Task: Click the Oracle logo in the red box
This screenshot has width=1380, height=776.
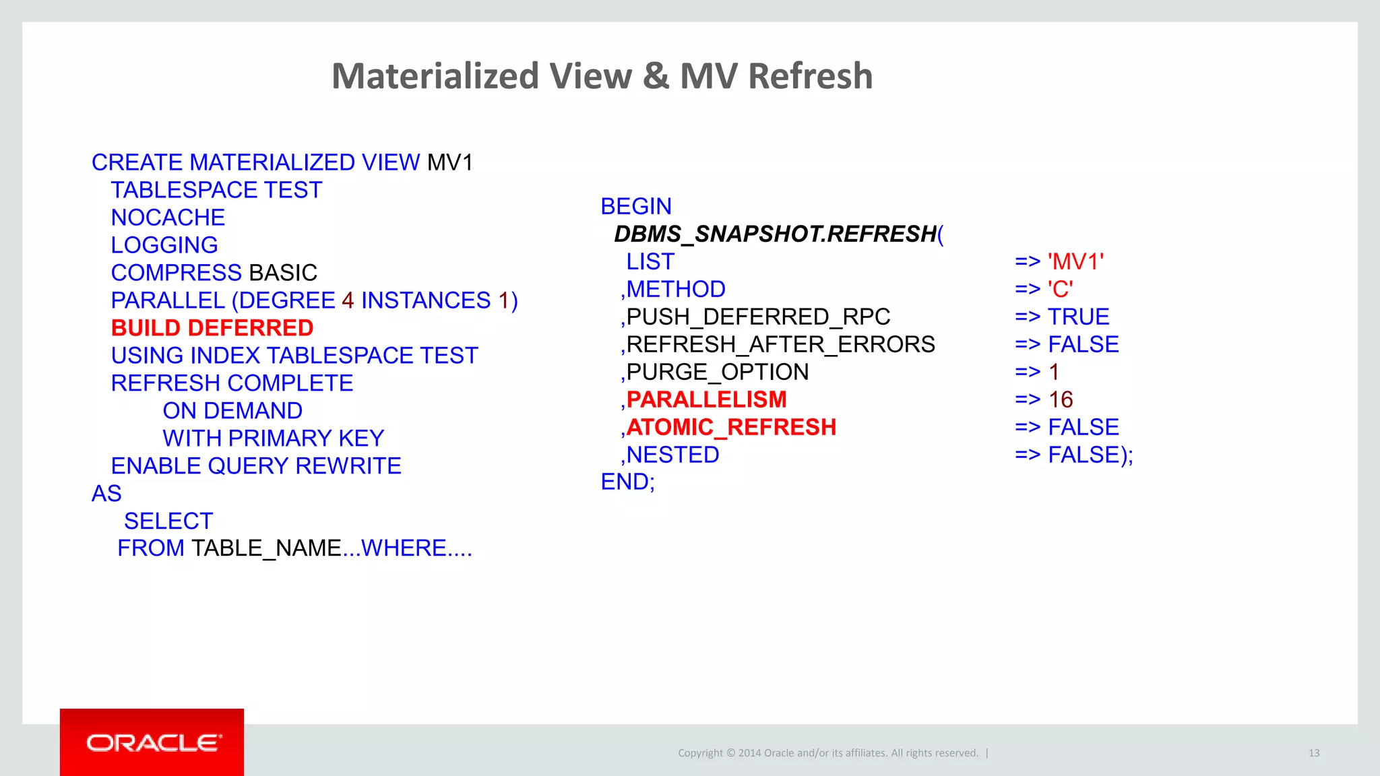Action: coord(153,742)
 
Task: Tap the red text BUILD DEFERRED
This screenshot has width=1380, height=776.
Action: coord(212,328)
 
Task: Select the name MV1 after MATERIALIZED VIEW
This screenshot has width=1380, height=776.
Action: coord(450,162)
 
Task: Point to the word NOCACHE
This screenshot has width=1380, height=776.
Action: coord(168,218)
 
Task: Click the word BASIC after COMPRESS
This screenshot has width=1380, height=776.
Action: coord(283,273)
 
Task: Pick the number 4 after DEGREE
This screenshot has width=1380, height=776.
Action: coord(348,300)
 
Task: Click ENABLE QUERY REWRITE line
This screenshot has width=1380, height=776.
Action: coord(256,466)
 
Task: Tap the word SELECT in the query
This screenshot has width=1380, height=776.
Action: coord(168,521)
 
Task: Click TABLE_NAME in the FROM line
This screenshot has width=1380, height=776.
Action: coord(267,548)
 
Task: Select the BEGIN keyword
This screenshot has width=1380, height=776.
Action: coord(636,206)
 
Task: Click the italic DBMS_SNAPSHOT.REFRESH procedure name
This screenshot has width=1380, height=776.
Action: coord(775,234)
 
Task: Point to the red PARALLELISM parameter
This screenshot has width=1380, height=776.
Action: coord(706,399)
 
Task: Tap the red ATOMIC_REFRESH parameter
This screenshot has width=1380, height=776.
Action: coord(731,427)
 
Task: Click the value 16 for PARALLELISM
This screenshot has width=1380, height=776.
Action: coord(1061,399)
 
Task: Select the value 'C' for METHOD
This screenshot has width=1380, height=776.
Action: coord(1061,289)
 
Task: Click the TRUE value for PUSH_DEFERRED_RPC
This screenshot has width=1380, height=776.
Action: coord(1078,317)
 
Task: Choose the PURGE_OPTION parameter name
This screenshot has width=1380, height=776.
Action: coord(718,372)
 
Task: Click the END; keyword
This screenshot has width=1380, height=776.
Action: coord(627,482)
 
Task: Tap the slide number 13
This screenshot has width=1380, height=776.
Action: coord(1314,753)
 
